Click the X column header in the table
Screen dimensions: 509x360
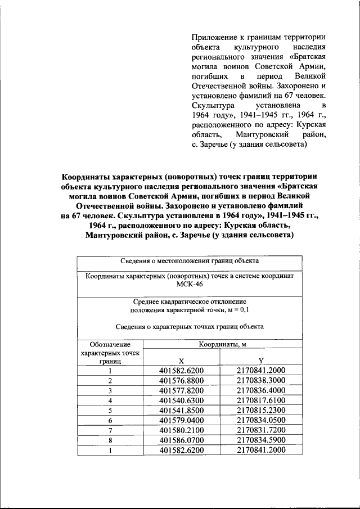[x=181, y=361]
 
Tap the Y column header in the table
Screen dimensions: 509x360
[x=261, y=361]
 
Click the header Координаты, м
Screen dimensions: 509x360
[x=220, y=344]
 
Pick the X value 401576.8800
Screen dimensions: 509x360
[x=181, y=380]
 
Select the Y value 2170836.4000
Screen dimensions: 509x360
[x=261, y=390]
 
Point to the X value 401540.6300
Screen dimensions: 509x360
[x=181, y=400]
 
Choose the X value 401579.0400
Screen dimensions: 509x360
[x=181, y=420]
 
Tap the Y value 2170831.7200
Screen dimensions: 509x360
[x=261, y=430]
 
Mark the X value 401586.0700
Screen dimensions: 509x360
[x=181, y=440]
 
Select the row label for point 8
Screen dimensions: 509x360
[x=110, y=440]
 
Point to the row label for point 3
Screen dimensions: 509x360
[x=110, y=390]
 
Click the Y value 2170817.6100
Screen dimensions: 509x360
[x=261, y=400]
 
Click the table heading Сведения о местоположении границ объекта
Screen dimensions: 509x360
[x=190, y=261]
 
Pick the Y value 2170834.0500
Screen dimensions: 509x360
[x=261, y=420]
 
